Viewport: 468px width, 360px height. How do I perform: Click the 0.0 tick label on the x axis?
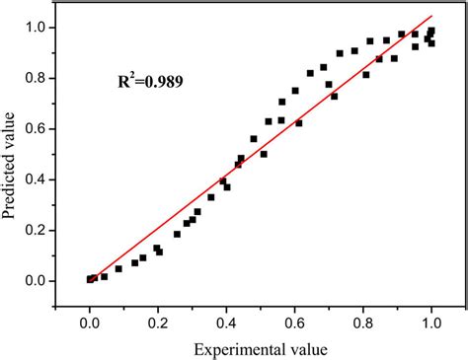[90, 322]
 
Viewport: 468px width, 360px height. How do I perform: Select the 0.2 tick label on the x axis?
[158, 322]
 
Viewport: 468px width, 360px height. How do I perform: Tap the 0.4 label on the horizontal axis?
[226, 322]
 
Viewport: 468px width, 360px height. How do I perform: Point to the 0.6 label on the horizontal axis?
[294, 322]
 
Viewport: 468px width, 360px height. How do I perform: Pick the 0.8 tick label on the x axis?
[362, 322]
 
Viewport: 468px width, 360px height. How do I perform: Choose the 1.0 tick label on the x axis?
[430, 322]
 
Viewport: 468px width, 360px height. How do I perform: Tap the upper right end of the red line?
[432, 16]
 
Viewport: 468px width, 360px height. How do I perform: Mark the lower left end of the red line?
[89, 281]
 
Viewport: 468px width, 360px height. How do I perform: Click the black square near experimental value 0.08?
[118, 268]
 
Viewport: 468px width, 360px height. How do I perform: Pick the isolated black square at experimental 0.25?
[177, 235]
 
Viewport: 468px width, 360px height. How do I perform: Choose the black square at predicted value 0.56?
[254, 139]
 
